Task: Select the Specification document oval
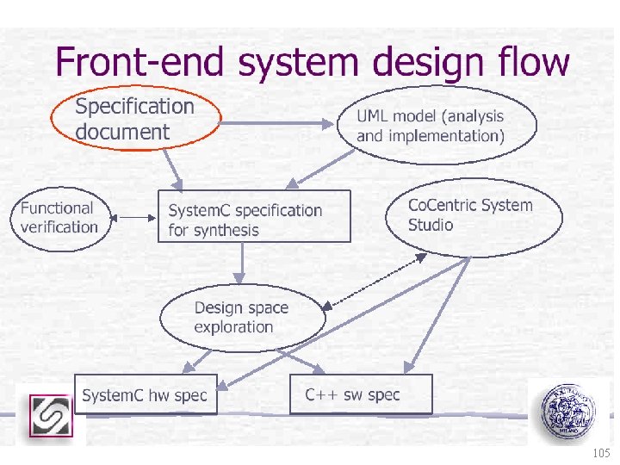pyautogui.click(x=135, y=119)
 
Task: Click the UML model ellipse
pyautogui.click(x=436, y=126)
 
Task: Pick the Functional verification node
pyautogui.click(x=59, y=218)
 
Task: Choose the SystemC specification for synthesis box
pyautogui.click(x=254, y=216)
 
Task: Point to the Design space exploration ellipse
pyautogui.click(x=243, y=318)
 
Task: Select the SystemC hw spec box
pyautogui.click(x=145, y=394)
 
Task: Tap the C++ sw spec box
pyautogui.click(x=353, y=394)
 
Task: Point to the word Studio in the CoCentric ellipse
pyautogui.click(x=431, y=226)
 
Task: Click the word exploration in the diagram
pyautogui.click(x=233, y=327)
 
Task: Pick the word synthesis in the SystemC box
pyautogui.click(x=226, y=230)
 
